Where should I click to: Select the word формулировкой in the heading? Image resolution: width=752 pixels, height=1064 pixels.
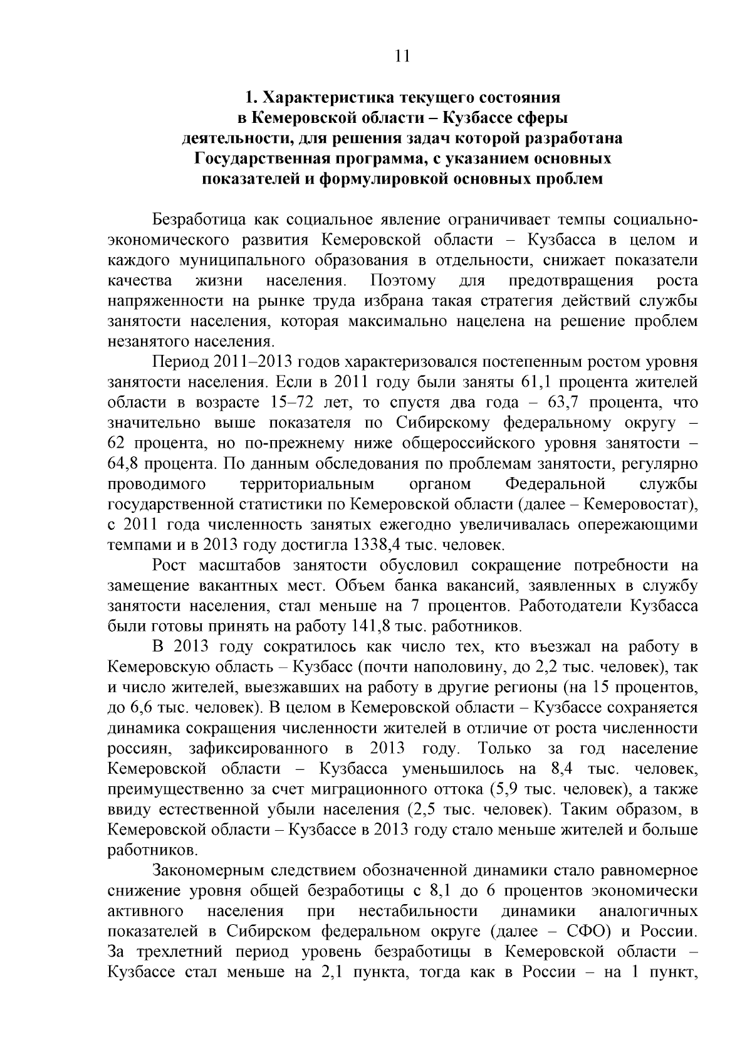[391, 179]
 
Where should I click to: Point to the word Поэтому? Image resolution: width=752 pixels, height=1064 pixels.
[403, 280]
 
